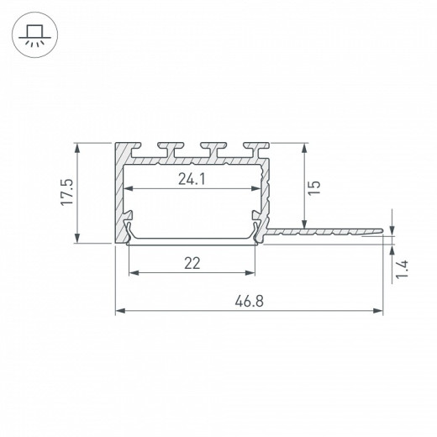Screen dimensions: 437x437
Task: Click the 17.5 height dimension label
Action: (x=67, y=192)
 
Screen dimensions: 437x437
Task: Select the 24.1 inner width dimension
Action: (x=192, y=179)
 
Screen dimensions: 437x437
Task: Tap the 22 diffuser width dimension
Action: (x=192, y=263)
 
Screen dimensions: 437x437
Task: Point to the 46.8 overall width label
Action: (x=249, y=302)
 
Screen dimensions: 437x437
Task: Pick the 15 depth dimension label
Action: (x=314, y=187)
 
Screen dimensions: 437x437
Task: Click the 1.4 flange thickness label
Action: (x=402, y=270)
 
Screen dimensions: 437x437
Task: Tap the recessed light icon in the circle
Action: (x=34, y=35)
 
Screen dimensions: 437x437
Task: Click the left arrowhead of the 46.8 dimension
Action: (x=120, y=311)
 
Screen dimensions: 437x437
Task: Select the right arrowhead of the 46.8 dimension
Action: (x=378, y=311)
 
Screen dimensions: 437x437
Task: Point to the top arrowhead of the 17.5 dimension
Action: (x=77, y=148)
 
